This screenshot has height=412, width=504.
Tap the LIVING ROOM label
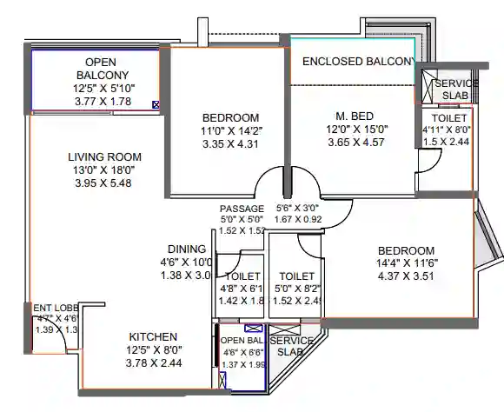tap(104, 157)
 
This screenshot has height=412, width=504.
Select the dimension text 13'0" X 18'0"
tap(104, 170)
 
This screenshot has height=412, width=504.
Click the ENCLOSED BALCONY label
tap(358, 62)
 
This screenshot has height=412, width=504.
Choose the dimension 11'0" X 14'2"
tap(230, 131)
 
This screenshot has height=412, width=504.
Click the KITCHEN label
tap(153, 336)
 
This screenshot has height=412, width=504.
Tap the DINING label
tap(186, 249)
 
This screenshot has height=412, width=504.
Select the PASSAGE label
tap(241, 209)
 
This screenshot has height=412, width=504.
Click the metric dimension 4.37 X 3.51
tap(406, 278)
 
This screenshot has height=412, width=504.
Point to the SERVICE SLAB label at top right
tap(456, 89)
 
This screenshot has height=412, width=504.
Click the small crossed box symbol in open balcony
tap(156, 105)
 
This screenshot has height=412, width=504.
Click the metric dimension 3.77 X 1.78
tap(107, 102)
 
